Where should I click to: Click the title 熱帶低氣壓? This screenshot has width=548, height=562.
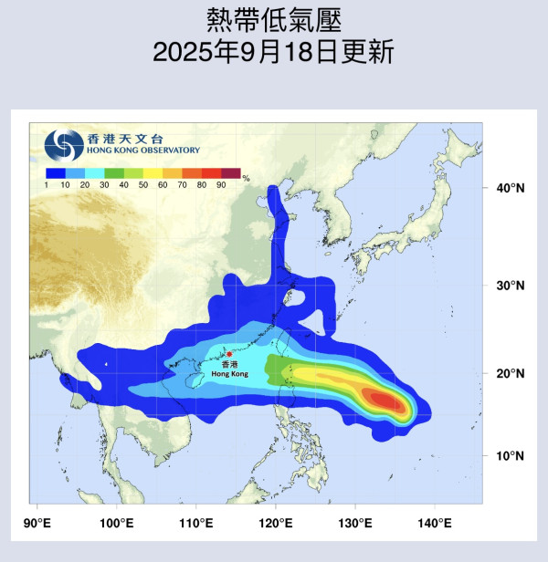[273, 20]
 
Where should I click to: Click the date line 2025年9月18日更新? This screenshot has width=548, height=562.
[273, 52]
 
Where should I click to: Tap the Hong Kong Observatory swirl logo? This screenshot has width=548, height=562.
[64, 144]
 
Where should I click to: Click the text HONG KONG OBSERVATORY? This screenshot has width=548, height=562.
[144, 151]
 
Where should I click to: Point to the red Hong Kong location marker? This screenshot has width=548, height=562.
[229, 354]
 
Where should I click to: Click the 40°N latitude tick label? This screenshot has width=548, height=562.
[510, 188]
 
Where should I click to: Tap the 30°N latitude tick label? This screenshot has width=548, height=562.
[510, 285]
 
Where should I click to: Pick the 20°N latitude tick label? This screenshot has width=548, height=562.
[510, 373]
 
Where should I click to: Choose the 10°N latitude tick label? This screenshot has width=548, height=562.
[510, 454]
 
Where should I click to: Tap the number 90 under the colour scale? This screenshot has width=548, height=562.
[221, 185]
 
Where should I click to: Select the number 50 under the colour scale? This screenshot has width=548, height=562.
[142, 185]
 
